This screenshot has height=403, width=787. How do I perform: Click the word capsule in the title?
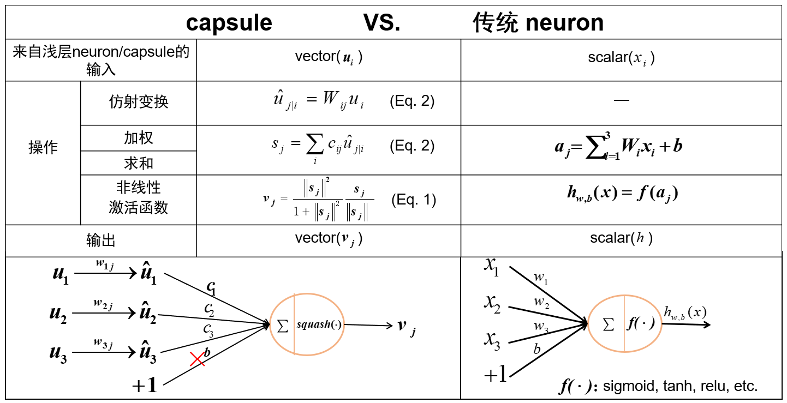[x=229, y=23]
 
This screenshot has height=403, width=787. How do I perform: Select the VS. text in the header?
[x=381, y=23]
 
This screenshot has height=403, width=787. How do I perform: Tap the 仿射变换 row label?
[x=139, y=102]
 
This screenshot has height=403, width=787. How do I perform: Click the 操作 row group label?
[x=43, y=148]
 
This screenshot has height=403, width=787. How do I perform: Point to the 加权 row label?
[x=139, y=138]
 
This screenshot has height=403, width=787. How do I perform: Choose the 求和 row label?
[x=139, y=163]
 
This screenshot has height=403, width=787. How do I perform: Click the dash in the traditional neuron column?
[x=621, y=100]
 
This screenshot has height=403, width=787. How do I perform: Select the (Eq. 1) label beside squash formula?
[x=413, y=200]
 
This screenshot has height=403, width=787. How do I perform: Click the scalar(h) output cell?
[x=621, y=238]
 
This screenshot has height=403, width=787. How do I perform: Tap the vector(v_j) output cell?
[x=329, y=238]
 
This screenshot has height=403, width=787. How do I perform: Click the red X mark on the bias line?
[x=197, y=359]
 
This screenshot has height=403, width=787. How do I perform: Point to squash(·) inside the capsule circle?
[x=319, y=324]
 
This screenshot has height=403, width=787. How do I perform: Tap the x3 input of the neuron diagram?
[x=492, y=340]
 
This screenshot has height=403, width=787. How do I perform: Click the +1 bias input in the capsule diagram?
[x=145, y=386]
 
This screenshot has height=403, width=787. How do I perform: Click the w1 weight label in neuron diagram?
[x=541, y=278]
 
